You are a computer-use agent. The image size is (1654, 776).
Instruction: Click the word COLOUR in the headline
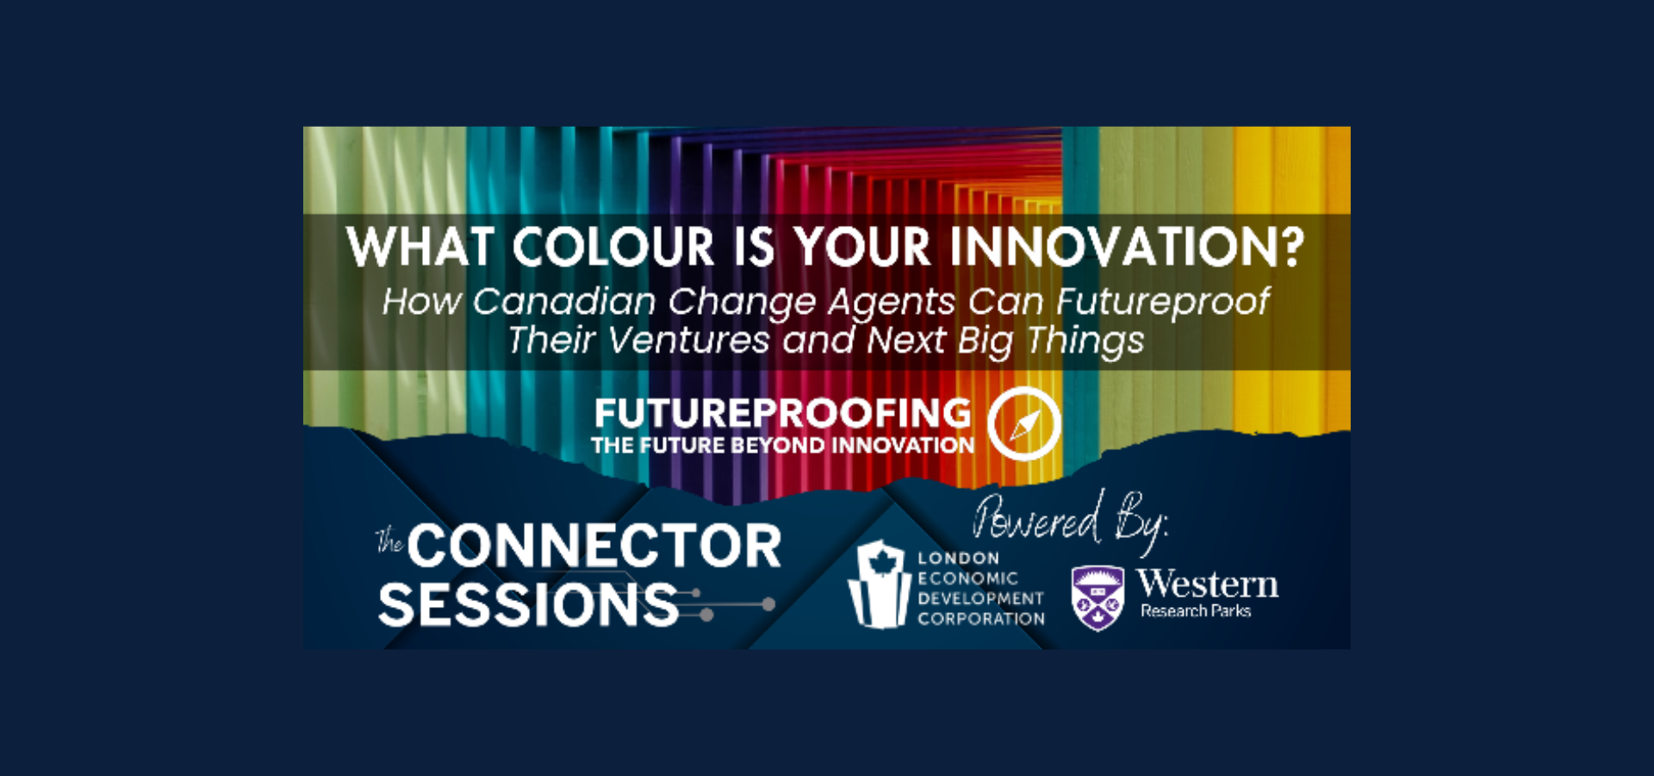[x=613, y=248]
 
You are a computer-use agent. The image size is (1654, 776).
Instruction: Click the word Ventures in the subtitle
[x=688, y=341]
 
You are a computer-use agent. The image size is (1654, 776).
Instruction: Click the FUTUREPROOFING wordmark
[x=782, y=414]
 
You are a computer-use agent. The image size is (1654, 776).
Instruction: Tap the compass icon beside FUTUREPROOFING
[x=1024, y=423]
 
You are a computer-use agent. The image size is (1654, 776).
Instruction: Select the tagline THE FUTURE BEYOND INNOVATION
[x=782, y=446]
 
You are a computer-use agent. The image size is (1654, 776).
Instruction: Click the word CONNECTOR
[x=594, y=546]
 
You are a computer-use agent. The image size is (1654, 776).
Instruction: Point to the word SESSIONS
[x=529, y=604]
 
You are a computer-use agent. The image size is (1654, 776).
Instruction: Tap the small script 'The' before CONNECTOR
[x=389, y=541]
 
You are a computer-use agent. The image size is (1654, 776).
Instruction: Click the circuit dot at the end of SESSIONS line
[x=768, y=604]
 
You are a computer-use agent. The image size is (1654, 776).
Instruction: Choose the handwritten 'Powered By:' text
[x=1070, y=521]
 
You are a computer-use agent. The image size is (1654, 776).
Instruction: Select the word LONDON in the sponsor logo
[x=958, y=559]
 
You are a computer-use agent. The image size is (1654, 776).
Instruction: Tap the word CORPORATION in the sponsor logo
[x=980, y=619]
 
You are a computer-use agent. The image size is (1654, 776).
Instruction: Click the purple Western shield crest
[x=1097, y=598]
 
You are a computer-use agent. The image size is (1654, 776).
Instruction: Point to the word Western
[x=1208, y=585]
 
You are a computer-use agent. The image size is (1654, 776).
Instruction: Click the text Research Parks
[x=1196, y=611]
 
